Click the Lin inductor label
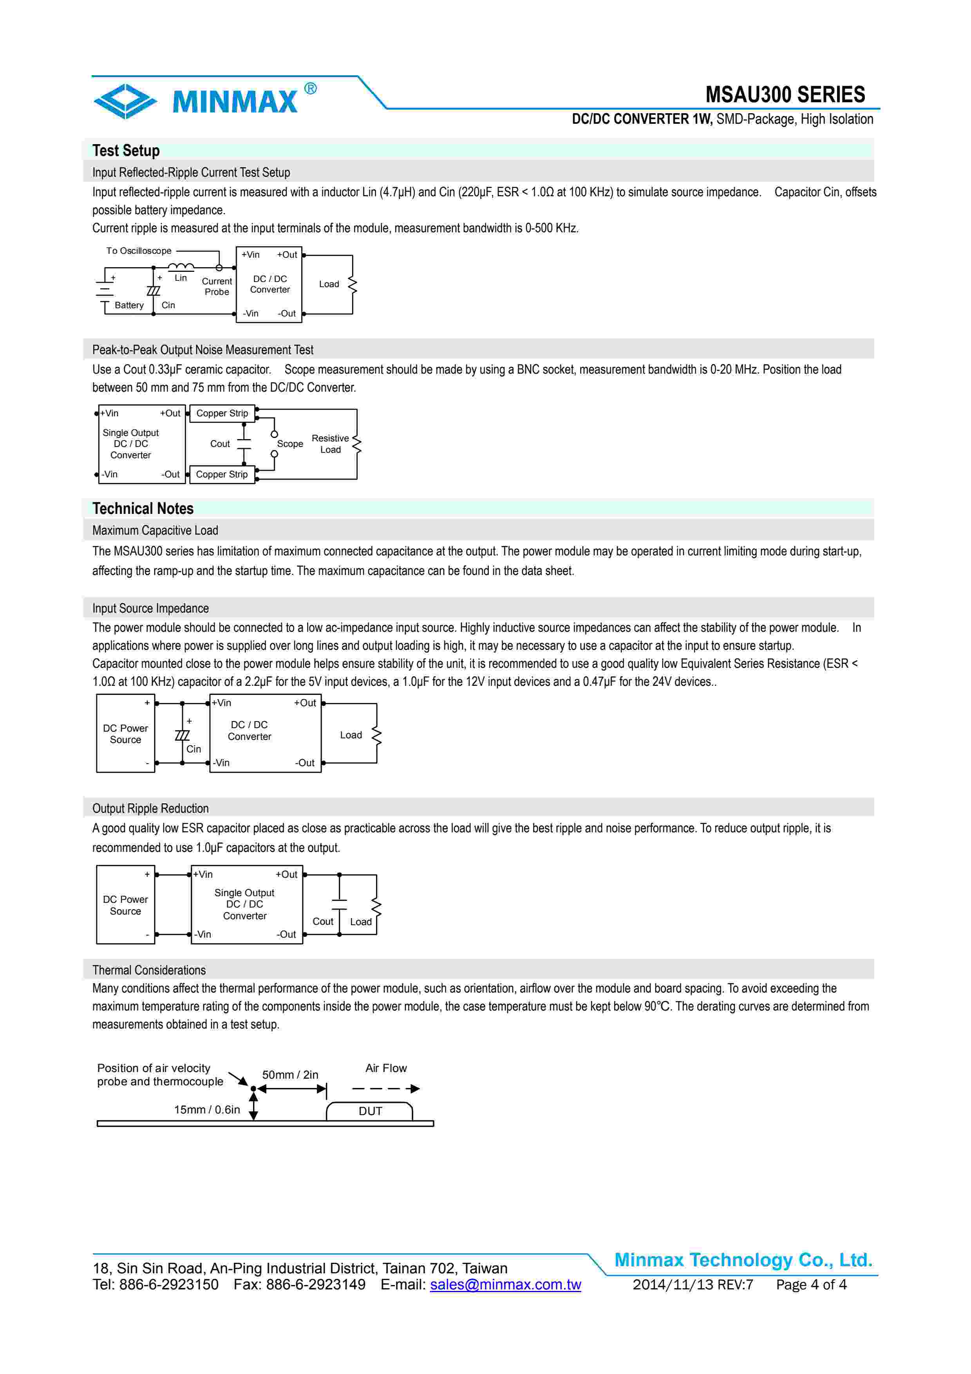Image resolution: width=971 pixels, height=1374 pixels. pyautogui.click(x=181, y=278)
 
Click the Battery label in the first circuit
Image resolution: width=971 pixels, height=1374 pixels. pyautogui.click(x=129, y=305)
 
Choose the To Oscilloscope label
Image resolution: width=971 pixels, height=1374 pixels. pyautogui.click(x=139, y=251)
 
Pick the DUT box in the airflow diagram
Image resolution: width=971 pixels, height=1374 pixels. pyautogui.click(x=370, y=1111)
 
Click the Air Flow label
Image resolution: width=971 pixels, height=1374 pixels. pyautogui.click(x=386, y=1068)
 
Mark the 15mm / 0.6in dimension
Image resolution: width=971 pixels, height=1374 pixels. pyautogui.click(x=207, y=1110)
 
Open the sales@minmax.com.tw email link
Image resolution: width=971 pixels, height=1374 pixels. pyautogui.click(x=506, y=1285)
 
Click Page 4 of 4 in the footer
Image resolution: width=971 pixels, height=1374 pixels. pyautogui.click(x=811, y=1285)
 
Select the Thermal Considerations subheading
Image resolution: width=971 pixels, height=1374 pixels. pyautogui.click(x=149, y=970)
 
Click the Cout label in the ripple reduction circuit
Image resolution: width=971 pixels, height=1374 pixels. pyautogui.click(x=323, y=922)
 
